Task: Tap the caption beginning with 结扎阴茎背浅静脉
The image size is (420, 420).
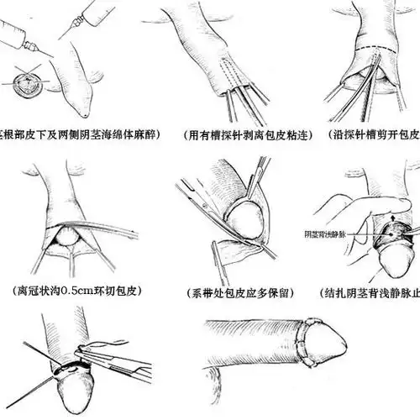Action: [374, 293]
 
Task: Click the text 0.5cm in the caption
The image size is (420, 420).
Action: [74, 292]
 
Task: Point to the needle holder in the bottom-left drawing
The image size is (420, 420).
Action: [109, 357]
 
